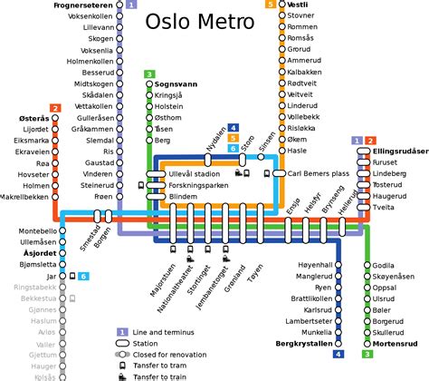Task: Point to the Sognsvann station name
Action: (x=177, y=83)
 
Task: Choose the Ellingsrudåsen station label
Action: (x=399, y=151)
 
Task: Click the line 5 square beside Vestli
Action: (x=271, y=5)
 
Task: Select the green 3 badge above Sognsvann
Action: (x=149, y=73)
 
